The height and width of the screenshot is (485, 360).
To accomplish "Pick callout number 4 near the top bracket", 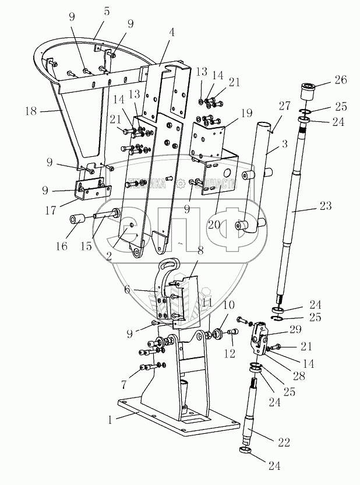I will tap(171, 33).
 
